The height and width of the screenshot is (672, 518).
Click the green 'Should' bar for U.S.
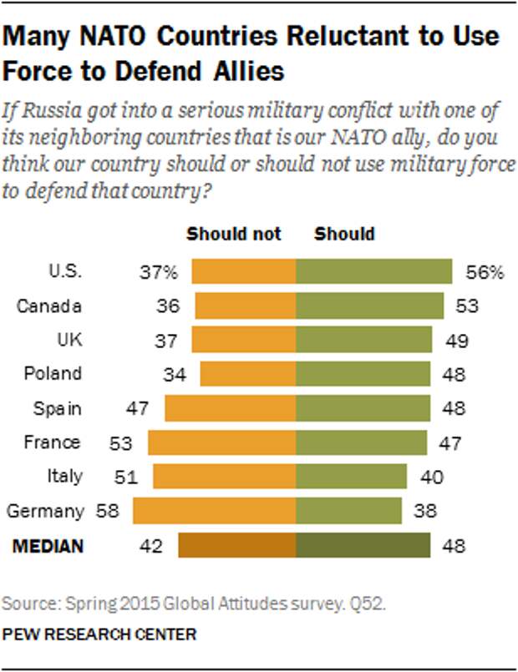click(374, 272)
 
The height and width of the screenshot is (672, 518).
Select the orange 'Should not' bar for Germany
click(215, 511)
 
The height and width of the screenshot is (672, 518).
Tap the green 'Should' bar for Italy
click(351, 477)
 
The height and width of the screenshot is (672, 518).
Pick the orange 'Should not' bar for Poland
click(248, 374)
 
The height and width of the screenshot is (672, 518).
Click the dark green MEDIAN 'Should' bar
click(363, 546)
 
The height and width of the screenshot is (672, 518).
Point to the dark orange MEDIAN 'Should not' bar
click(237, 546)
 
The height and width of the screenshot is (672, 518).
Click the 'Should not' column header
click(233, 234)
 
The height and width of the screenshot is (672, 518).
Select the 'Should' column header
click(344, 234)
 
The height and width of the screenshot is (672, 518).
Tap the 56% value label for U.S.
click(485, 272)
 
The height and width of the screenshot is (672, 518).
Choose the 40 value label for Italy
click(430, 477)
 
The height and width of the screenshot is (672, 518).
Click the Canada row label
click(49, 306)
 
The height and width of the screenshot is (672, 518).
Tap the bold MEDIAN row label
click(47, 546)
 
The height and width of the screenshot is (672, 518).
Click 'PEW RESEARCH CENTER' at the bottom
click(100, 634)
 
